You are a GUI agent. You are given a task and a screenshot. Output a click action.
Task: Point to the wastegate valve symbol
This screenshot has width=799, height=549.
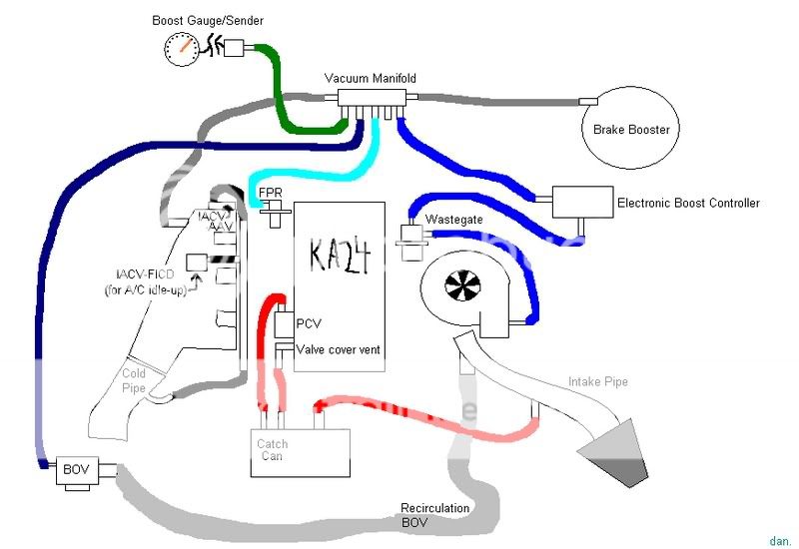coord(410,240)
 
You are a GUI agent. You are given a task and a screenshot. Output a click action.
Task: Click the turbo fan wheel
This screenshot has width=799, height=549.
coord(459,287)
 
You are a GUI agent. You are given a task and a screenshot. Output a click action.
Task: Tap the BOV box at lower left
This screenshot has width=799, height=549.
coord(76,469)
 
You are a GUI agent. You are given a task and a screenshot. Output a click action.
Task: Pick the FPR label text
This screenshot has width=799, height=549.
coord(270,192)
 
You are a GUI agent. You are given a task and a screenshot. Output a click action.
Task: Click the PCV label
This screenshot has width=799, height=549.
coord(309,324)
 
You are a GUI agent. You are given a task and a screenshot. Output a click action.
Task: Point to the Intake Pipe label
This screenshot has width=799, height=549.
coord(599,381)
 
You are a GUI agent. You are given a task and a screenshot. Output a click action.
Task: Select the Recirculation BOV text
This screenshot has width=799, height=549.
coord(435,514)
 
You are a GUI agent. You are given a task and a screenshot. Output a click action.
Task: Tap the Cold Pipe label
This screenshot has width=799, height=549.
coord(134,381)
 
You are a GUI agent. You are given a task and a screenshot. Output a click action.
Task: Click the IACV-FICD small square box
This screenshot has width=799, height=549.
coord(196,264)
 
